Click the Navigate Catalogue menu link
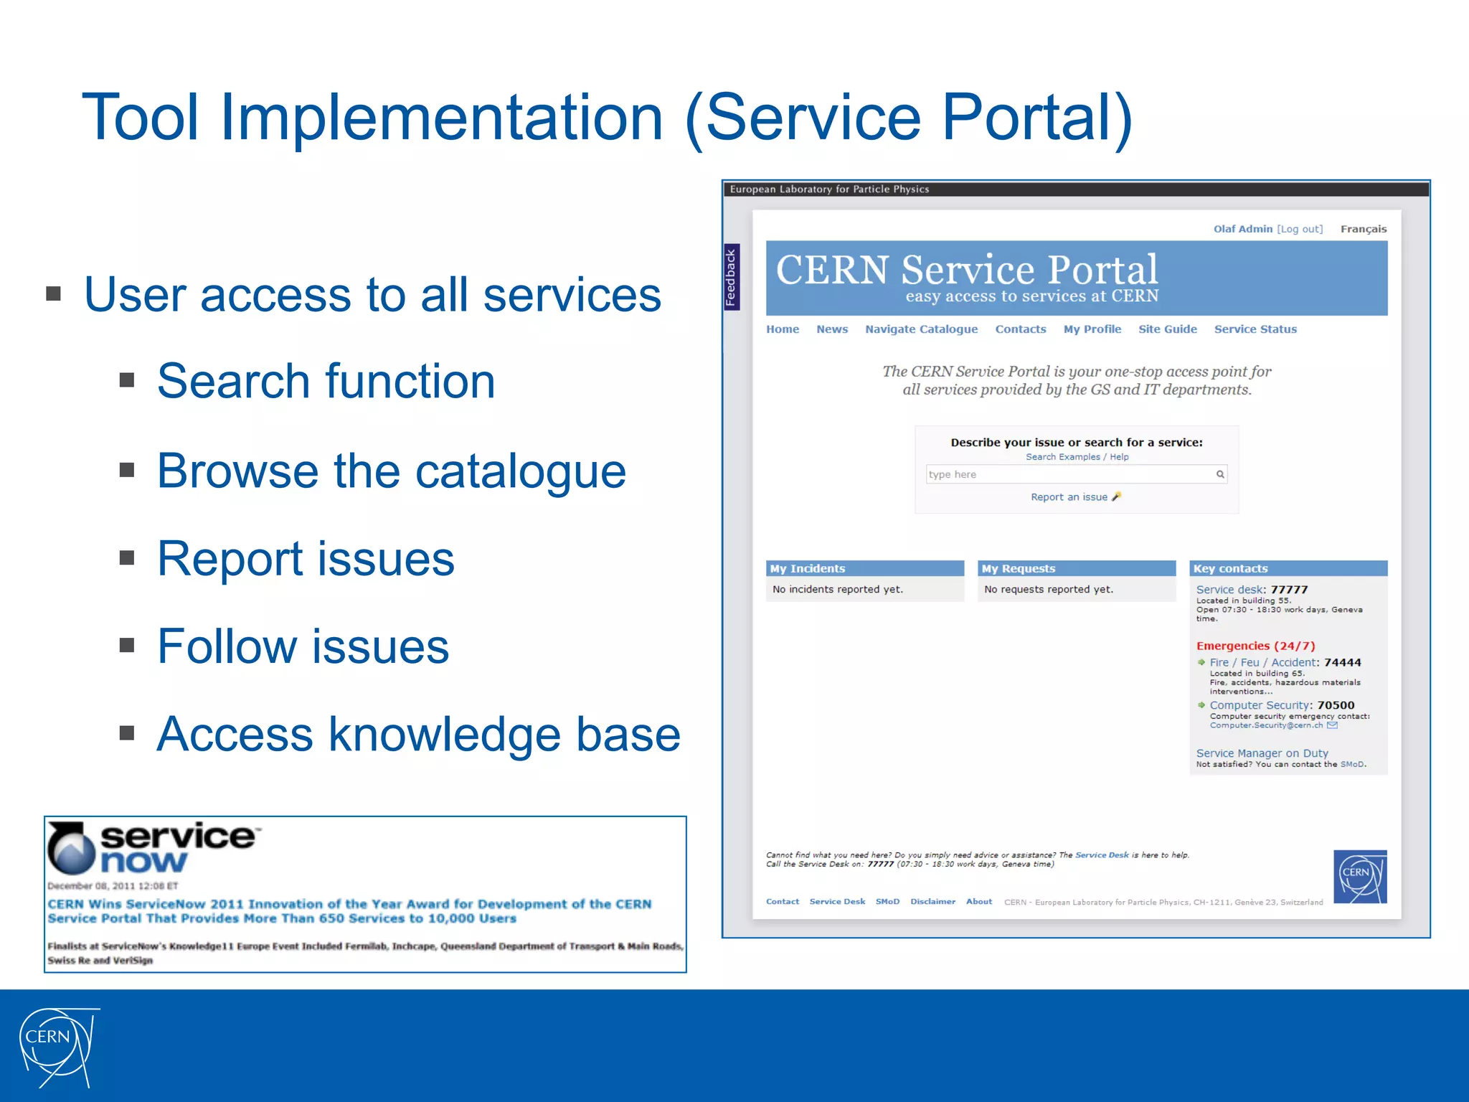(921, 329)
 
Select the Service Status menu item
(1255, 329)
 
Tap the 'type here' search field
(1069, 474)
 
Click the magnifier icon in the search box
(1220, 474)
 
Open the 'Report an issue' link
(1069, 497)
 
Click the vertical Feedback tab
(731, 277)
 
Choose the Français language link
(1363, 229)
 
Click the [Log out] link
(1300, 229)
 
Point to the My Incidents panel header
(864, 568)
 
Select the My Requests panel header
(1076, 568)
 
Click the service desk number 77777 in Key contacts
(1289, 590)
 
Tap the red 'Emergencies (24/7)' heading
(1255, 646)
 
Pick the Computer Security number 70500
(1336, 705)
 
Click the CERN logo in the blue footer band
(57, 1046)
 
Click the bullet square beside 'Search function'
(127, 380)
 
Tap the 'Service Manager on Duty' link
(1262, 753)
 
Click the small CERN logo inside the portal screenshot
(1359, 876)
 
